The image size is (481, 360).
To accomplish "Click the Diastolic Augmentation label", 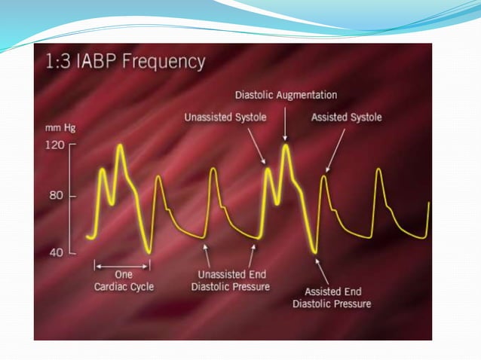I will point(286,96).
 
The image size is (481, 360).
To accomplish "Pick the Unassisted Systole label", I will point(224,117).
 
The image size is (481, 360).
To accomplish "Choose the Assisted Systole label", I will point(347,117).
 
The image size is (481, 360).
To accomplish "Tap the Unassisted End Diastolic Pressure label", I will point(231,280).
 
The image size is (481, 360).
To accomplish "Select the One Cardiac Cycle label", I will point(122,280).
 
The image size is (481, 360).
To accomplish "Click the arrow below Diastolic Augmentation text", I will point(285,122).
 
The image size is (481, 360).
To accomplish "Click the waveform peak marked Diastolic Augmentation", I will point(285,145).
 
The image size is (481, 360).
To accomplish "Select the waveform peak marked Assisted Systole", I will point(324,177).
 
